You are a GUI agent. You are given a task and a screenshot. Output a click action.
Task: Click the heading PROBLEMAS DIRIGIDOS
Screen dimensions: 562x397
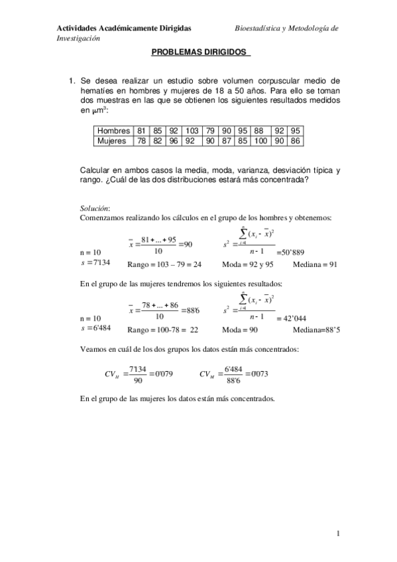[198, 52]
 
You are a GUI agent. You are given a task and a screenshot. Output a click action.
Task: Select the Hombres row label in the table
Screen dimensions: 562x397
[113, 131]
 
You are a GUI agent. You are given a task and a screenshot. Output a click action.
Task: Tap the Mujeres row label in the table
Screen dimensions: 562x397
[112, 140]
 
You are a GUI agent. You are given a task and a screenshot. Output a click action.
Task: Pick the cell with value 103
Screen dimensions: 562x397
[192, 131]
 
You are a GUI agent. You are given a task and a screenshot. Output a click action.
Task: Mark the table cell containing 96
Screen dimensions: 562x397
[174, 140]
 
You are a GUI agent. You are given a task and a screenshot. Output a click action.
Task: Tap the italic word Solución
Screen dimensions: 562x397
[95, 207]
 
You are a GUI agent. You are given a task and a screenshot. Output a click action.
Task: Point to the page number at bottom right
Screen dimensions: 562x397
[338, 533]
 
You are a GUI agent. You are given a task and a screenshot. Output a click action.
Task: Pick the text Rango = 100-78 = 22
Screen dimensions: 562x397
[162, 329]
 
